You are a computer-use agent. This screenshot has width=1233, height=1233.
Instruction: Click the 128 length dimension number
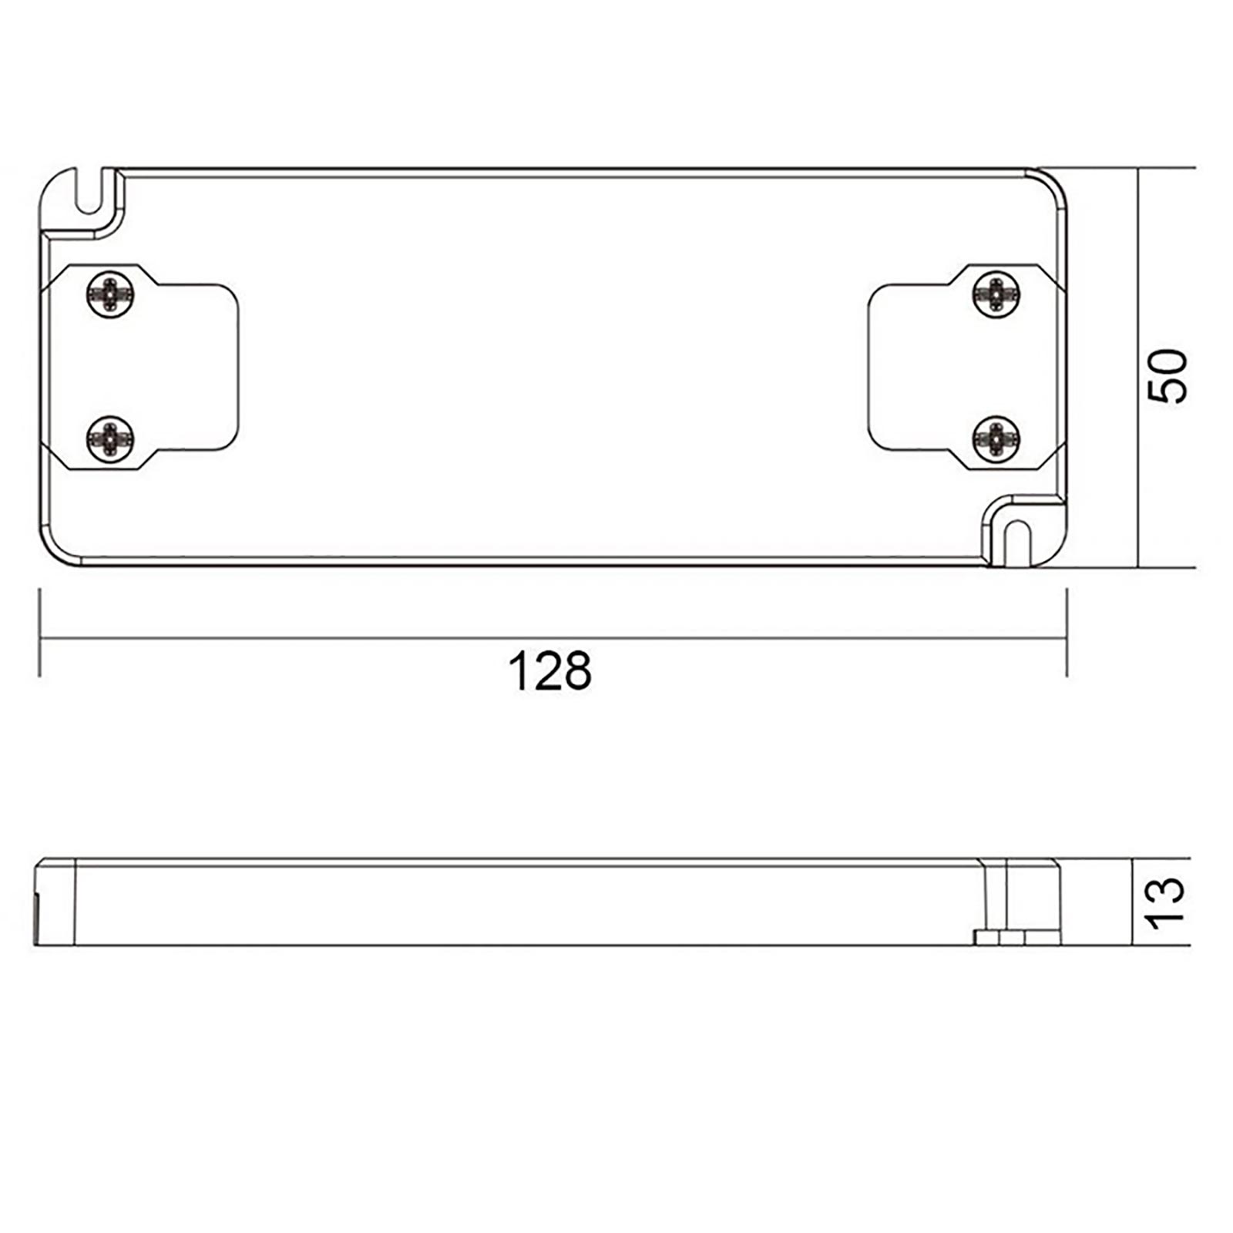tap(549, 671)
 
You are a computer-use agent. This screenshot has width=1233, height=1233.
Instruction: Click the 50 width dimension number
tap(1167, 375)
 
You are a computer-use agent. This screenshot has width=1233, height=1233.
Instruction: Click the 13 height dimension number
tap(1165, 902)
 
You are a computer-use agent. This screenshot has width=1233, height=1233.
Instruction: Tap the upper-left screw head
tap(110, 294)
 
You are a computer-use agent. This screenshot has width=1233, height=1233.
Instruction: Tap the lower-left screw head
tap(110, 438)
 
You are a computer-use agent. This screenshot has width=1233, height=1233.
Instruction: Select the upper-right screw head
tap(996, 294)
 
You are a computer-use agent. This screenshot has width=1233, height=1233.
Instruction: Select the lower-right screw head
tap(996, 439)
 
